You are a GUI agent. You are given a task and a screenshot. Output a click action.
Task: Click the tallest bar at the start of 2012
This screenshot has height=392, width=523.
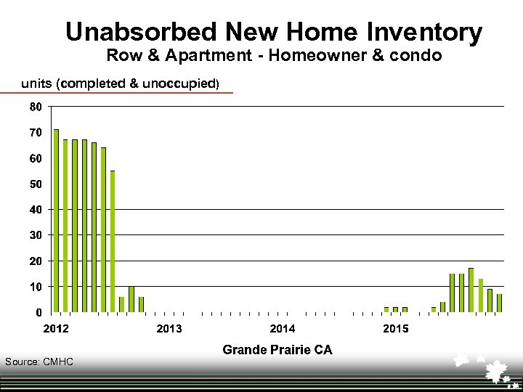(x=56, y=221)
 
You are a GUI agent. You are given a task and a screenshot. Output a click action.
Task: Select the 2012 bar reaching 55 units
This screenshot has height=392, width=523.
(x=113, y=242)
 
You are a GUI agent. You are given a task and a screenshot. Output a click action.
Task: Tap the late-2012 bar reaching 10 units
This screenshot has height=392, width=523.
(x=131, y=299)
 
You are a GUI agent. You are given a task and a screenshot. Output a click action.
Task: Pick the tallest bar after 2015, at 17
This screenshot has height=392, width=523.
(x=471, y=290)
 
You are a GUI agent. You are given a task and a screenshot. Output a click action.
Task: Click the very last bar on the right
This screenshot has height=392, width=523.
(x=499, y=303)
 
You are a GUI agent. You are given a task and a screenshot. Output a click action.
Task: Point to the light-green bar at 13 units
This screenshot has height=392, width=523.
(x=480, y=295)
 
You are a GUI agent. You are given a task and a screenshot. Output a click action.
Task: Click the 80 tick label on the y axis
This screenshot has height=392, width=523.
(x=35, y=107)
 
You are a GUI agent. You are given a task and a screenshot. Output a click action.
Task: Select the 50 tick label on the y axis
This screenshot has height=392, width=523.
(x=35, y=184)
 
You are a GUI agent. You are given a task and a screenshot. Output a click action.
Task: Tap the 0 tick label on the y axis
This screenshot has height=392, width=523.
(x=38, y=312)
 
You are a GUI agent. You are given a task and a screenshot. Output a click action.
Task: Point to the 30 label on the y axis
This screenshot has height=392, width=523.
(x=35, y=235)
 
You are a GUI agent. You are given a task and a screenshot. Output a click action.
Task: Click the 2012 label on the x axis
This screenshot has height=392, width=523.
(x=57, y=329)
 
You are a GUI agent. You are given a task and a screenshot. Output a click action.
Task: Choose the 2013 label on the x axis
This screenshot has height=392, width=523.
(x=169, y=329)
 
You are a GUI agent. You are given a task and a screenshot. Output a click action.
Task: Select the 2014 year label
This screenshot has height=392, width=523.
(x=283, y=329)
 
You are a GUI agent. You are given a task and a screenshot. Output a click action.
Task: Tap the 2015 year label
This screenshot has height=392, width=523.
(x=396, y=329)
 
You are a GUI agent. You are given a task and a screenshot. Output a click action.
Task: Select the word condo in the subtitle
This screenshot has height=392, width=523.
(x=414, y=55)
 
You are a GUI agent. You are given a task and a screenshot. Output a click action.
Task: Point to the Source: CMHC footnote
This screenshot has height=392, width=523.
(x=39, y=362)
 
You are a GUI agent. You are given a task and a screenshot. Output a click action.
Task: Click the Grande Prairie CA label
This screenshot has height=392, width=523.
(x=277, y=350)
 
